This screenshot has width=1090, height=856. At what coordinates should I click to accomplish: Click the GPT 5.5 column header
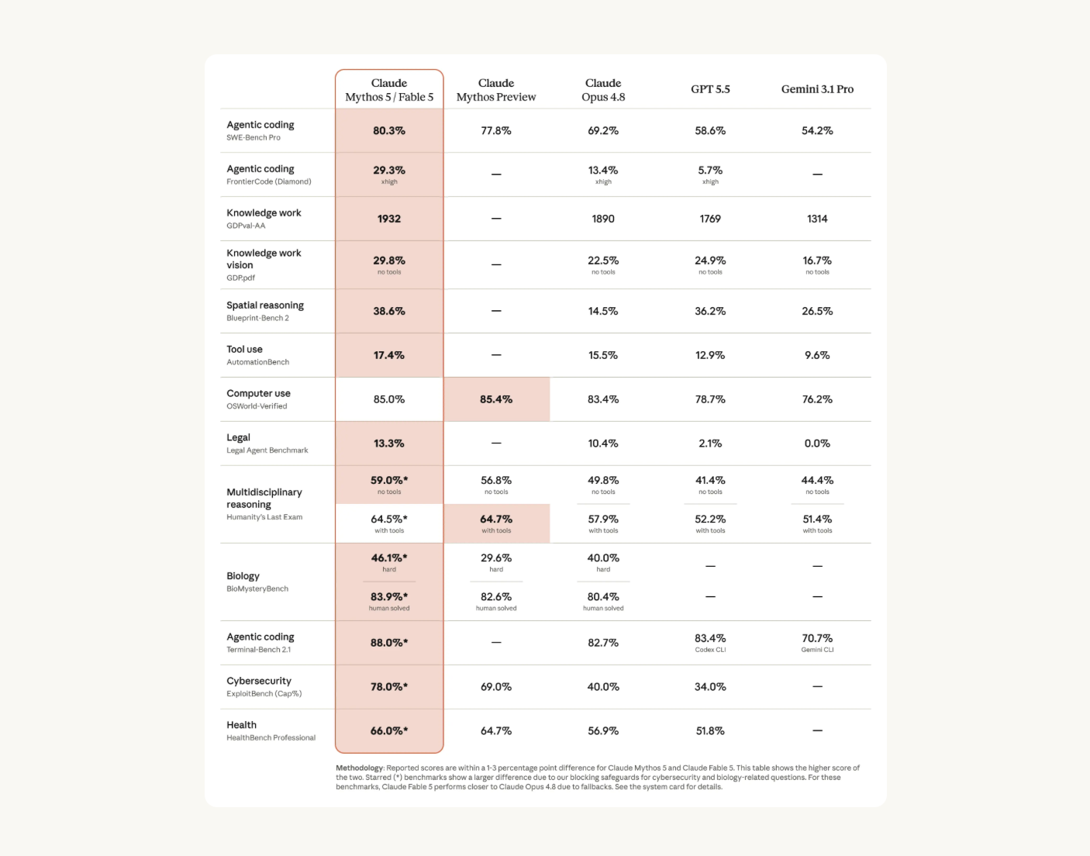pyautogui.click(x=710, y=89)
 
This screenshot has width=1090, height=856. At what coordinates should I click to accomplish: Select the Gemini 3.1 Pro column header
pyautogui.click(x=817, y=89)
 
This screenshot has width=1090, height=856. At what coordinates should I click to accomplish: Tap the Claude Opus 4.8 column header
pyautogui.click(x=603, y=90)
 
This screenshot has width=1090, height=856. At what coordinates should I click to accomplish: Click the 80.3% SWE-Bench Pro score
pyautogui.click(x=388, y=130)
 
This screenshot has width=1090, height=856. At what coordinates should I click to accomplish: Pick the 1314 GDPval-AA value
pyautogui.click(x=817, y=219)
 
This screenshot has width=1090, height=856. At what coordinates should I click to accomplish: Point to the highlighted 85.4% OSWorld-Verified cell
pyautogui.click(x=496, y=399)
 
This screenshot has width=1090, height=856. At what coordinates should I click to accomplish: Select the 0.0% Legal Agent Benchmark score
pyautogui.click(x=817, y=444)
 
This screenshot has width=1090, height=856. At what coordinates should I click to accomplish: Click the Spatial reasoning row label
pyautogui.click(x=265, y=305)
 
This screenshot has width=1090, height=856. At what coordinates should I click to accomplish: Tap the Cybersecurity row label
pyautogui.click(x=258, y=681)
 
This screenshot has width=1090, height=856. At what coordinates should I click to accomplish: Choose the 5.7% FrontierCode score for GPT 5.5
pyautogui.click(x=710, y=170)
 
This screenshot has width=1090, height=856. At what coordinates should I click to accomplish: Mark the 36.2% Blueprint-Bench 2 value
pyautogui.click(x=710, y=311)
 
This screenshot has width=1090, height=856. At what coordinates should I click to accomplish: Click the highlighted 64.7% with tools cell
pyautogui.click(x=496, y=523)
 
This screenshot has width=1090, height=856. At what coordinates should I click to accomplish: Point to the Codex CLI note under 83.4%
pyautogui.click(x=710, y=650)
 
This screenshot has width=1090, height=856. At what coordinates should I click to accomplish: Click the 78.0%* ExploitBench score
pyautogui.click(x=388, y=686)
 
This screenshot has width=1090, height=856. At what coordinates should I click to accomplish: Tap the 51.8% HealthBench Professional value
pyautogui.click(x=710, y=730)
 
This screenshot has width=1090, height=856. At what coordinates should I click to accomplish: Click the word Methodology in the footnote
pyautogui.click(x=359, y=768)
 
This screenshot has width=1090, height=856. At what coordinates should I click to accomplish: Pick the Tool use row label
pyautogui.click(x=244, y=349)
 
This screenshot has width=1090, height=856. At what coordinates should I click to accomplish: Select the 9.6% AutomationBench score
pyautogui.click(x=817, y=355)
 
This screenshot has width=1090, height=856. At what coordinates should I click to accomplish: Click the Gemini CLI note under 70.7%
pyautogui.click(x=817, y=650)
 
